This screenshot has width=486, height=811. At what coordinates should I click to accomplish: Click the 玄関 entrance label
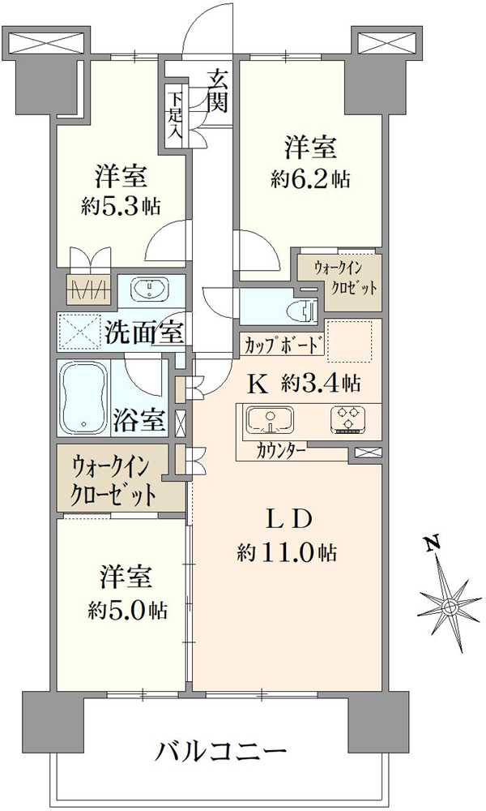[218, 90]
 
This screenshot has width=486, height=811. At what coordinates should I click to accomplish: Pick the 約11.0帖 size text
[287, 553]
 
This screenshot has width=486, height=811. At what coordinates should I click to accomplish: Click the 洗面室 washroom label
[144, 333]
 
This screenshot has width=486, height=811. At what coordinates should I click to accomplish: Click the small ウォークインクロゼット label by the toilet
[339, 278]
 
